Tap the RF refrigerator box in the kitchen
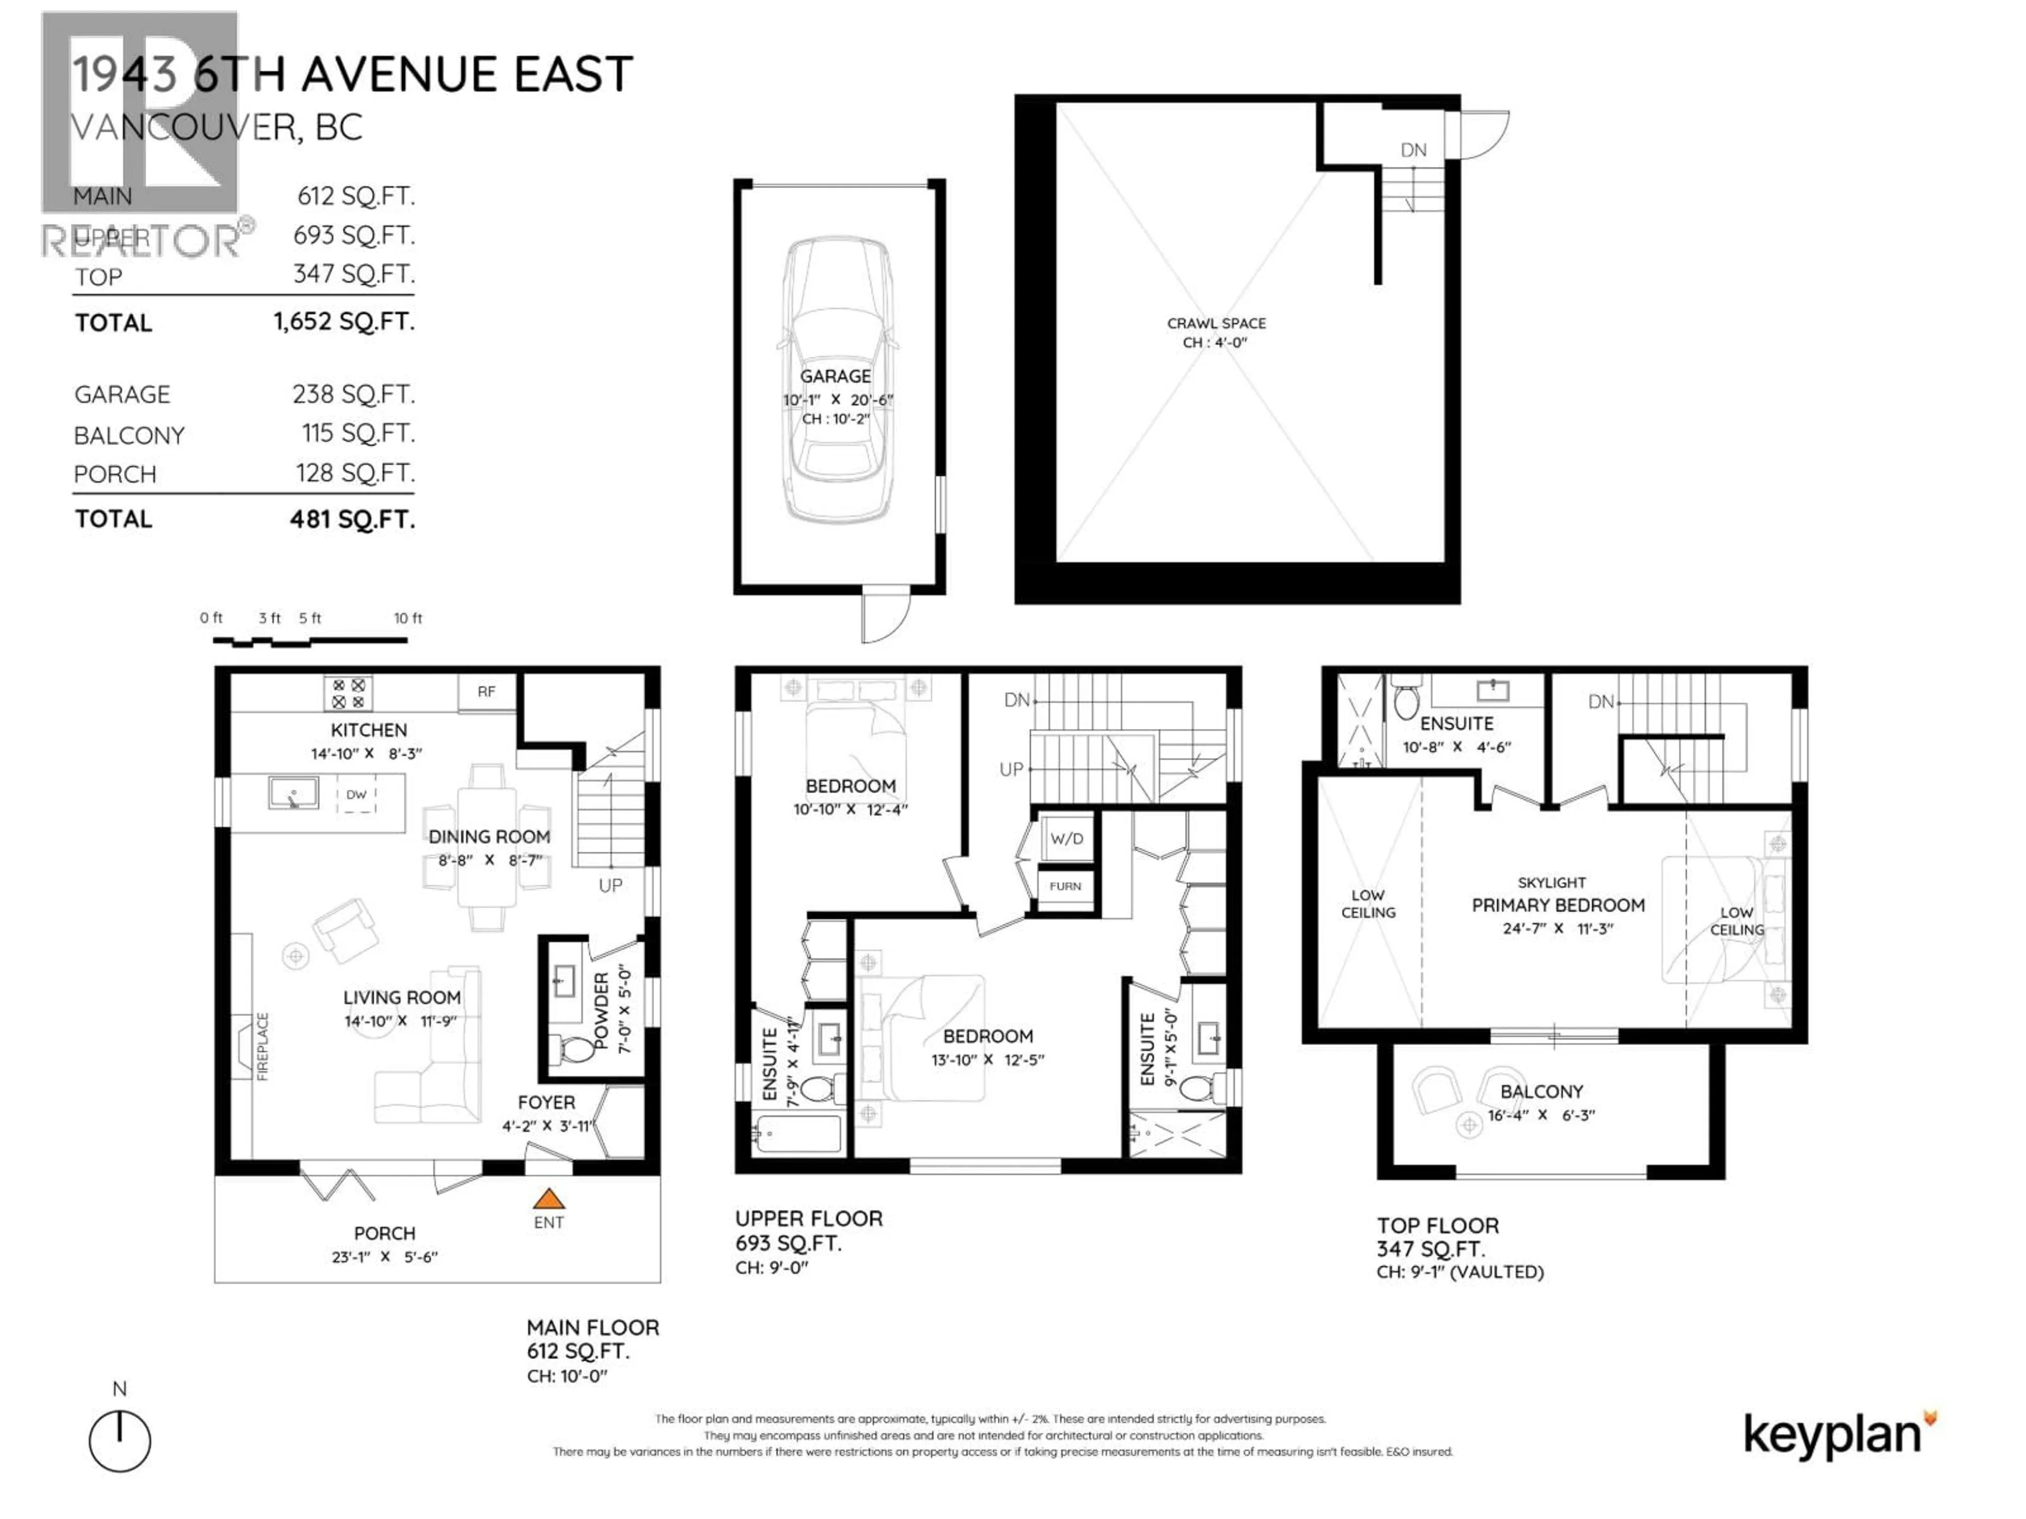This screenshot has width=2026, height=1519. [x=486, y=692]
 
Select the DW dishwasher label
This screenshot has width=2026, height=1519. [x=356, y=795]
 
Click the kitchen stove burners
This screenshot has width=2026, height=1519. [x=348, y=693]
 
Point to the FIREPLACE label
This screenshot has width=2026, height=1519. [x=263, y=1046]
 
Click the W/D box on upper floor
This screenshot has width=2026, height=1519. [x=1066, y=839]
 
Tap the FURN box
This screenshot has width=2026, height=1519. [x=1065, y=886]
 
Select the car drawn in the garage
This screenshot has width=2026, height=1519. [x=836, y=380]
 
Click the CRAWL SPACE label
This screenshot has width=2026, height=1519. [x=1216, y=323]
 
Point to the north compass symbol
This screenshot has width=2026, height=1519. [x=120, y=1441]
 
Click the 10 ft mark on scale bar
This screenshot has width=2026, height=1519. [x=408, y=619]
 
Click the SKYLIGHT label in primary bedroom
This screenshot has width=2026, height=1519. [x=1552, y=882]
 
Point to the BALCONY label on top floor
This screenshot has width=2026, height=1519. [x=1542, y=1091]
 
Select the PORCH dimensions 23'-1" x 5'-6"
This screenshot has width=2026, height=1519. [x=385, y=1257]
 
